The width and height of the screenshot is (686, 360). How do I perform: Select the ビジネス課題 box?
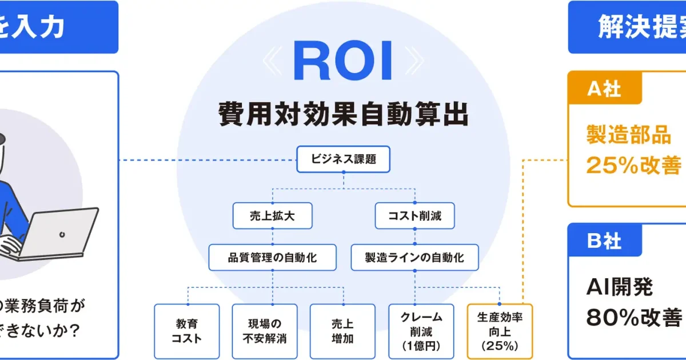343,159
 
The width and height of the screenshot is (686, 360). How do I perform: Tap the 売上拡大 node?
272,216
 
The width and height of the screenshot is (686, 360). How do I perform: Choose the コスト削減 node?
414,216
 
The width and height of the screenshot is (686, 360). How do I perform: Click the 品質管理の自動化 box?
272,257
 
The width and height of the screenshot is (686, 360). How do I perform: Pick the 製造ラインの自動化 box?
414,257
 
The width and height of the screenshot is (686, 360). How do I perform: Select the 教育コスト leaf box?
187,331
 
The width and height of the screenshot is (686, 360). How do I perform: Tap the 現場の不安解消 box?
265,331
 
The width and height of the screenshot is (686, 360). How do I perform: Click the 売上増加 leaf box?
342,331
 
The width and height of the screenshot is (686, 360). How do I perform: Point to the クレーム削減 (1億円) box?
421,331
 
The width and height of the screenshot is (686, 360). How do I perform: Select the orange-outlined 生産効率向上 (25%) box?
499,331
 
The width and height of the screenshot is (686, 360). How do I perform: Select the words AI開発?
620,287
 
